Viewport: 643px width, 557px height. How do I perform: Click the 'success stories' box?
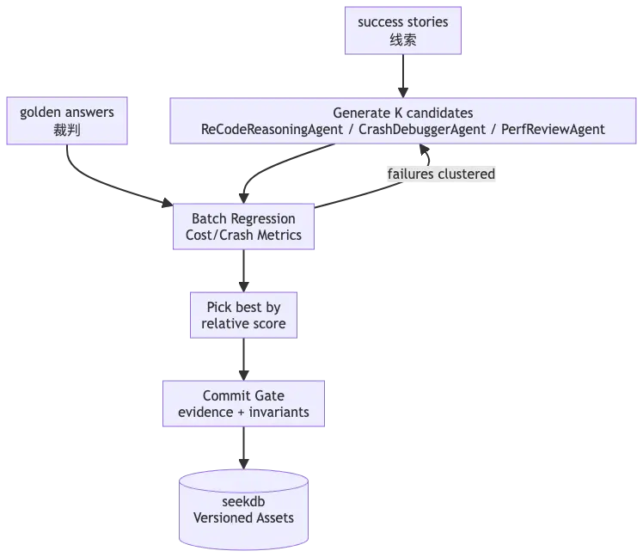click(x=403, y=30)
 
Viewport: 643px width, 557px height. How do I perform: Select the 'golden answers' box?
click(x=67, y=120)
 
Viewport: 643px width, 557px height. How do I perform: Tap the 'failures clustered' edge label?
click(x=441, y=174)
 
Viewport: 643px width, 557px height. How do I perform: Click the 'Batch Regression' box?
click(x=243, y=226)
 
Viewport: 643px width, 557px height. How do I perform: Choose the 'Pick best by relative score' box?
click(x=243, y=315)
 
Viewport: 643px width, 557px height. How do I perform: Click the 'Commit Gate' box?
click(x=243, y=404)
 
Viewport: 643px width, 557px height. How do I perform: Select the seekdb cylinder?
click(x=243, y=510)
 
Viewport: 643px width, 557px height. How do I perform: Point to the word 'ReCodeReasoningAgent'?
click(x=272, y=129)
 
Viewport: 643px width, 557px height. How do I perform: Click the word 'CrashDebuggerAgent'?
click(x=422, y=129)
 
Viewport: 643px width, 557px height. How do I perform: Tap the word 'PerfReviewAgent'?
click(x=553, y=129)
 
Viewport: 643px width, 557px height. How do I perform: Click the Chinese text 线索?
click(x=403, y=40)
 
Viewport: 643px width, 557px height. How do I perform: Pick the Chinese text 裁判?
click(x=67, y=130)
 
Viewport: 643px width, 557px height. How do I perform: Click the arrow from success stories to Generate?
click(x=403, y=76)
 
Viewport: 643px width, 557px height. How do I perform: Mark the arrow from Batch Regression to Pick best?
click(x=243, y=271)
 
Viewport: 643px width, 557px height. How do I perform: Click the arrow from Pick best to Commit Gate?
click(x=243, y=359)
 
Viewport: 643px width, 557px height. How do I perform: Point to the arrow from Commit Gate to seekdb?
click(x=243, y=448)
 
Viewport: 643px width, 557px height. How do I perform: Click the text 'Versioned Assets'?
click(x=243, y=517)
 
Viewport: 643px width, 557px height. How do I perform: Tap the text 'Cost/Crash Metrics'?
click(x=243, y=235)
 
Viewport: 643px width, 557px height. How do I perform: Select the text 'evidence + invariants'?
click(x=243, y=412)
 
